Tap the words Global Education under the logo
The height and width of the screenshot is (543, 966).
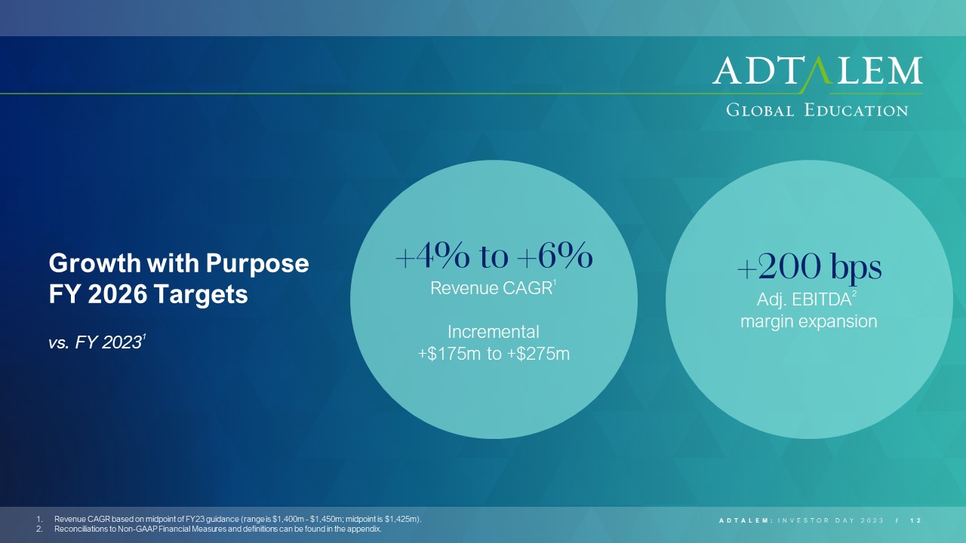[x=817, y=110]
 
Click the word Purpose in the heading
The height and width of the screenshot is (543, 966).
[x=257, y=264]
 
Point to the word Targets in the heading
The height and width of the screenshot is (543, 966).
[x=201, y=295]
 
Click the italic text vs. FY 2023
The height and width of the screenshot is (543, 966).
[x=97, y=342]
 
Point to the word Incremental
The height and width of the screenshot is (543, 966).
[x=494, y=333]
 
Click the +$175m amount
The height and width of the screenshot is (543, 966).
[x=449, y=354]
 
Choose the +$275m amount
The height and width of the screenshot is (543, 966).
[x=538, y=354]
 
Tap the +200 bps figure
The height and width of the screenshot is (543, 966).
[x=809, y=268]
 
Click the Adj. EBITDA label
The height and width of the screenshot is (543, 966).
[x=804, y=300]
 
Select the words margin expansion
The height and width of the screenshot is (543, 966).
[x=809, y=322]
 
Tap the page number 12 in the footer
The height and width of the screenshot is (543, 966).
[x=915, y=520]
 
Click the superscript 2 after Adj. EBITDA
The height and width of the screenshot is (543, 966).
[x=854, y=294]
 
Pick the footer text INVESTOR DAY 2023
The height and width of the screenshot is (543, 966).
[x=831, y=520]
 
